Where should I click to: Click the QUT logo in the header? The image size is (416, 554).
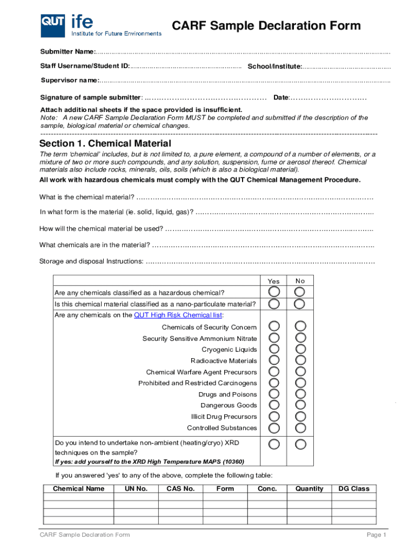(x=53, y=25)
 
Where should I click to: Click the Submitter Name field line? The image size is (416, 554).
(x=243, y=52)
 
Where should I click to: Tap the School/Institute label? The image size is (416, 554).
(x=274, y=66)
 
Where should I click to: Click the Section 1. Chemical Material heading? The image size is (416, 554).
(x=105, y=143)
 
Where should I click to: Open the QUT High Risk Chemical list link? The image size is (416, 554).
(x=178, y=315)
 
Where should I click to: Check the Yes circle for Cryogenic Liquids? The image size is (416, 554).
(x=274, y=349)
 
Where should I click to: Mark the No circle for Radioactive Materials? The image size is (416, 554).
(x=300, y=360)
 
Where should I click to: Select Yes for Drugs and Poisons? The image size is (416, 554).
(x=274, y=394)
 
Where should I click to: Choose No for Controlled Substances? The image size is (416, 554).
(x=300, y=428)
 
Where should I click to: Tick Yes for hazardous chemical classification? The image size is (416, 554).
(x=274, y=292)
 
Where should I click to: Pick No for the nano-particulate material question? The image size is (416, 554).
(x=300, y=304)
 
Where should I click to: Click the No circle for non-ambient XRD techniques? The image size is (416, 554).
(x=300, y=444)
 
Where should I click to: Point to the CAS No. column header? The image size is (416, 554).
(x=180, y=489)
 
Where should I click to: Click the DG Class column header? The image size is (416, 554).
(x=353, y=489)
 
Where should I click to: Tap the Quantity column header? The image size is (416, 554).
(x=309, y=489)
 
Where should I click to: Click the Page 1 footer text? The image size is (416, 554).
(x=377, y=535)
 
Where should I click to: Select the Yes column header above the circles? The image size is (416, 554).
(x=274, y=281)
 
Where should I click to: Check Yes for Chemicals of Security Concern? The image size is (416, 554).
(x=274, y=326)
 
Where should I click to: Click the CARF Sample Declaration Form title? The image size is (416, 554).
(x=266, y=26)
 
